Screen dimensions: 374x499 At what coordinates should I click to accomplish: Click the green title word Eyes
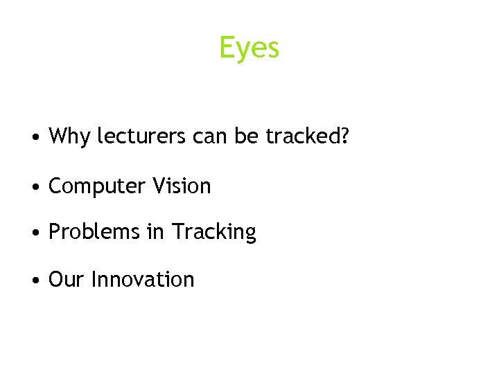tap(249, 48)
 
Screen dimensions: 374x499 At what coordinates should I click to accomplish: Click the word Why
tap(69, 136)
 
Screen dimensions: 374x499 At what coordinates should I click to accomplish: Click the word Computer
tap(96, 186)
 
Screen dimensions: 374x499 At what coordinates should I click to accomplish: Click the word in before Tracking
tap(155, 232)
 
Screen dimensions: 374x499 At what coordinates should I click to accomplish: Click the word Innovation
tap(143, 279)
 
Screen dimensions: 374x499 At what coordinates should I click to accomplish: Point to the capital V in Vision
tap(158, 186)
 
